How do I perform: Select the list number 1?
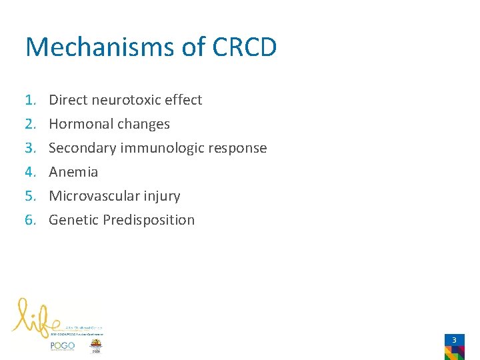coord(30,100)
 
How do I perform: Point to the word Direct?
coord(67,100)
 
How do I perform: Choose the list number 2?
coord(30,124)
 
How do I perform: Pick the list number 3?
coord(30,148)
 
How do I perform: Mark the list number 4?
coord(30,172)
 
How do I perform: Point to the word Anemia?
coord(73,172)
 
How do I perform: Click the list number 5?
coord(30,196)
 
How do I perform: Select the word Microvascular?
coord(93,196)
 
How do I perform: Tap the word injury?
coord(161,196)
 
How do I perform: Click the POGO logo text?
coord(62,345)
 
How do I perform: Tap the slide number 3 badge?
coord(454,341)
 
